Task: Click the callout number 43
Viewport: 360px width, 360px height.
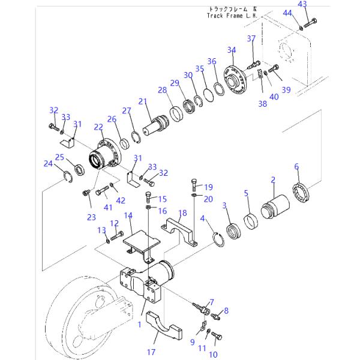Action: tap(302, 4)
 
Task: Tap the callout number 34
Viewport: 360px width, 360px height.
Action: tap(232, 50)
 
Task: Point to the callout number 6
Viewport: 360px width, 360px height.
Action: tap(296, 166)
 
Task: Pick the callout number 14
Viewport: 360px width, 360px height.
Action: tap(128, 215)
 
